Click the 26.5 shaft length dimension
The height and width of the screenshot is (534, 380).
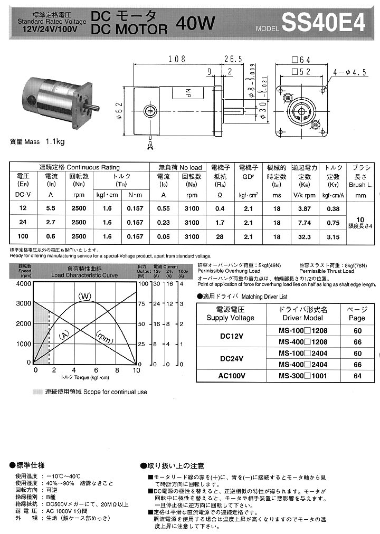coord(233,59)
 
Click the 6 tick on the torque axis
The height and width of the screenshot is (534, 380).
coord(96,370)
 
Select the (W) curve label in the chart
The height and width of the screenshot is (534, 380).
coord(85,295)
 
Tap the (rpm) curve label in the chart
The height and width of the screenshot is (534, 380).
coord(104,337)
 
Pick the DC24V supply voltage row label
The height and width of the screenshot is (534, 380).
coord(232,359)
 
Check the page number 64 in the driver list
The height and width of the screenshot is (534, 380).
coord(357,376)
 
